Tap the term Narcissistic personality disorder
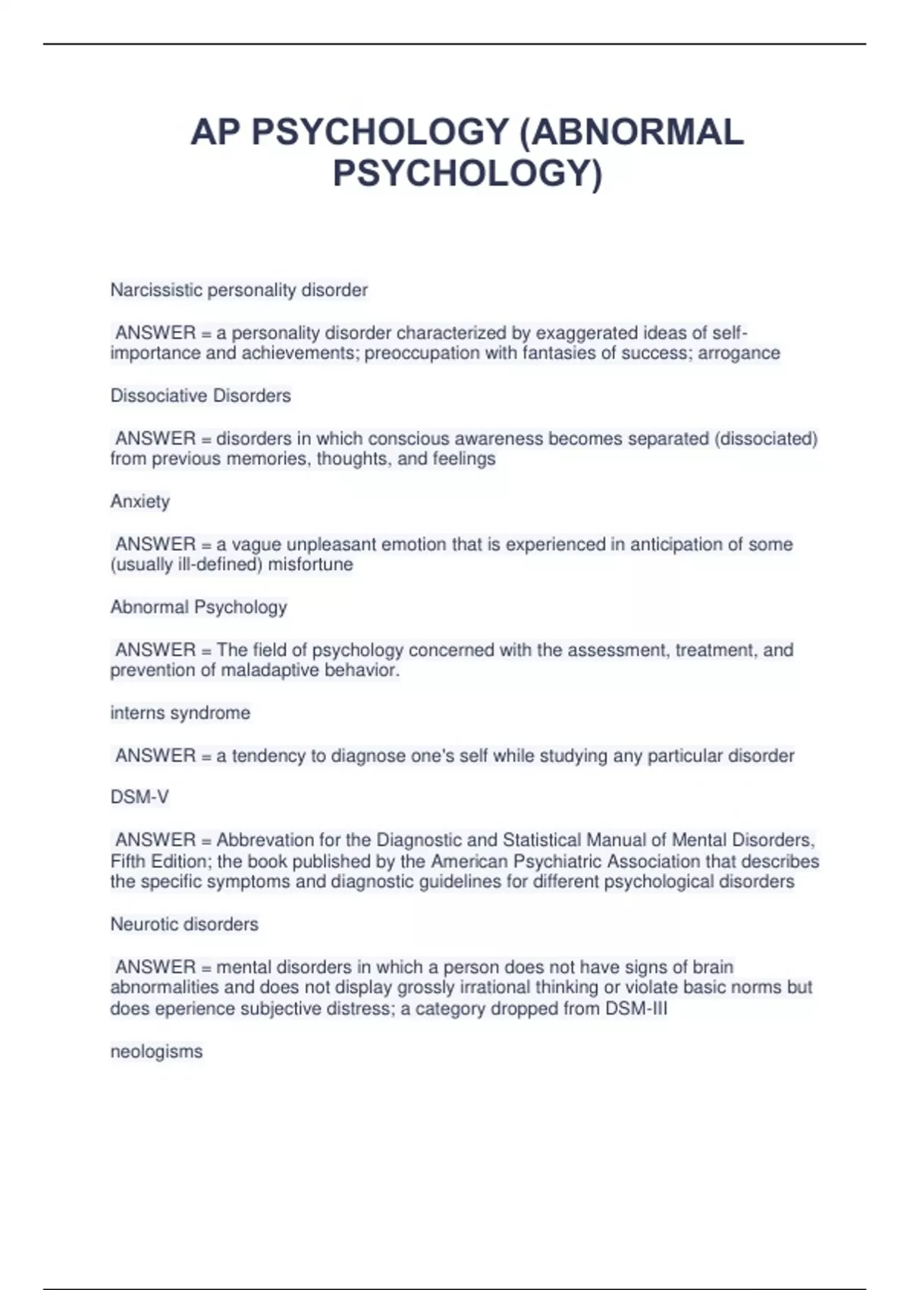(239, 290)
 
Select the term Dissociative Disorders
(200, 395)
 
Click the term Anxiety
(140, 501)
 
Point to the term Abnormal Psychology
(198, 607)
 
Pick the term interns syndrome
(180, 713)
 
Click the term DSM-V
(140, 797)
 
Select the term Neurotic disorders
(184, 924)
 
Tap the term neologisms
(156, 1052)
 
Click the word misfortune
(310, 565)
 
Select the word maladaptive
(270, 670)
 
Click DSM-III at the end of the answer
(636, 1008)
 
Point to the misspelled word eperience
(192, 1008)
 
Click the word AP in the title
(215, 132)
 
